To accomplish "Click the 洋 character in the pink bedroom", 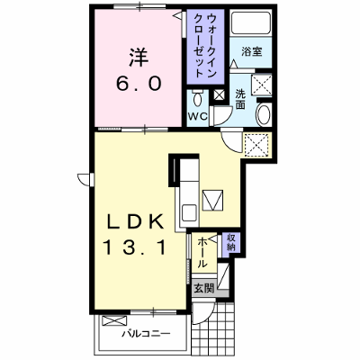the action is (139, 58).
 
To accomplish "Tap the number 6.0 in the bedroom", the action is (139, 84).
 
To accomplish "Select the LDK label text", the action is (136, 222).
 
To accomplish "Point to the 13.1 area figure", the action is (135, 247).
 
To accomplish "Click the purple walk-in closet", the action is (205, 47).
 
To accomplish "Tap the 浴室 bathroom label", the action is (251, 51).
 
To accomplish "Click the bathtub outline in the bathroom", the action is (251, 22).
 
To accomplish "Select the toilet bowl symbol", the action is (197, 98).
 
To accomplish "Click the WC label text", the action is (198, 116).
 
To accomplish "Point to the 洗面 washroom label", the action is (240, 99).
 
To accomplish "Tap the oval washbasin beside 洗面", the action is (263, 114).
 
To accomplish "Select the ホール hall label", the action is (203, 252).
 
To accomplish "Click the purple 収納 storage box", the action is (231, 243).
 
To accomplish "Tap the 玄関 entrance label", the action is (204, 289).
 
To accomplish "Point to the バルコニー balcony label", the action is (146, 333).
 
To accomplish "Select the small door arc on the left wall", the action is (84, 179).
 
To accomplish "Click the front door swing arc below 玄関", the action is (202, 315).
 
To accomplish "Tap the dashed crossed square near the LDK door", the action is (256, 145).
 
